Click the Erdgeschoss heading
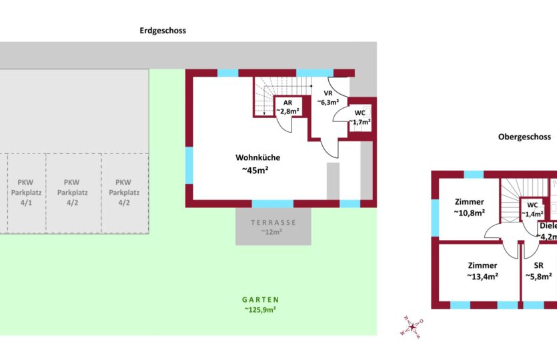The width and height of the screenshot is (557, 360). point(163,31)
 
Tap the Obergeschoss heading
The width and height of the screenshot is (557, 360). point(524,137)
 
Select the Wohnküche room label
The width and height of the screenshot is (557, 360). point(257,158)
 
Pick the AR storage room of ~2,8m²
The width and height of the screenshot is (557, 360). point(288,107)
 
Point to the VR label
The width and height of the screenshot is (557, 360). point(328,93)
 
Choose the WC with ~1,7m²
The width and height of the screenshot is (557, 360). point(360,117)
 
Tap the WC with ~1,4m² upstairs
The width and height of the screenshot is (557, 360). point(532,209)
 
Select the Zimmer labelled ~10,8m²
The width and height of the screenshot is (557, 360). point(469,207)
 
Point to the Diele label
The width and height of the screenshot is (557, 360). point(547,226)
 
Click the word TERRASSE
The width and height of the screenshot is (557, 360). point(273,222)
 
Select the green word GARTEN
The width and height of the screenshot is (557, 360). point(260,300)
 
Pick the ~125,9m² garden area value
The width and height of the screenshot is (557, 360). point(260,310)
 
